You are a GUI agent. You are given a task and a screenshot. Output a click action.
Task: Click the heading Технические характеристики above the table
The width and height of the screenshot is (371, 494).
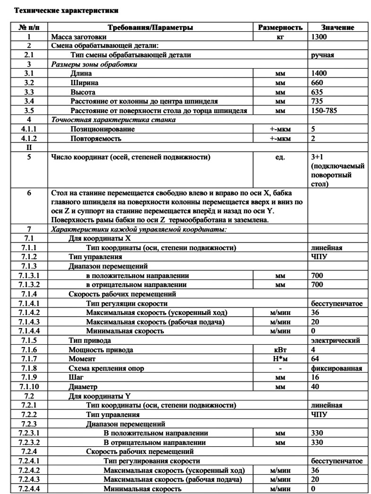67,10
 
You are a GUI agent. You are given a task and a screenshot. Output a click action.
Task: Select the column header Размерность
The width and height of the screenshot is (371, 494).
280,28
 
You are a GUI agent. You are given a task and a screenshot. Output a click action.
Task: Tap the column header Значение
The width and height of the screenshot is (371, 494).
337,28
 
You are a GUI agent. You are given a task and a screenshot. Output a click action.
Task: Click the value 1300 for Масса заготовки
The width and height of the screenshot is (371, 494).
319,36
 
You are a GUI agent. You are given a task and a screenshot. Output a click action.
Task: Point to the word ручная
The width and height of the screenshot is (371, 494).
322,55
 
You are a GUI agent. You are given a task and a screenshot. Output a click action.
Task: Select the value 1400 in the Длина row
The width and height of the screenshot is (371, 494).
319,73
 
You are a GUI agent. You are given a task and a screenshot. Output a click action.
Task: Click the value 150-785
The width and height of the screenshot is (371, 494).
323,111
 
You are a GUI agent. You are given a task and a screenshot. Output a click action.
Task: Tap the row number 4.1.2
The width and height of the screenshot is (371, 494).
29,139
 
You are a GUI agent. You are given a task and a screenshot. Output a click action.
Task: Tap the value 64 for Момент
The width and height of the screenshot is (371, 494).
315,359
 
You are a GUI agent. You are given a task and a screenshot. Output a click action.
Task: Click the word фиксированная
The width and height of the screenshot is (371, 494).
336,368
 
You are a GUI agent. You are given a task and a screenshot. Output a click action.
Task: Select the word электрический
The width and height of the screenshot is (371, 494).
336,340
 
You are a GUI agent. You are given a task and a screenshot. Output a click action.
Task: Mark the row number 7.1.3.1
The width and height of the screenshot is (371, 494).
29,275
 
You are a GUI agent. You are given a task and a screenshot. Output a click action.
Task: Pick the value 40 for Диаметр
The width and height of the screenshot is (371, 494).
315,386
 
